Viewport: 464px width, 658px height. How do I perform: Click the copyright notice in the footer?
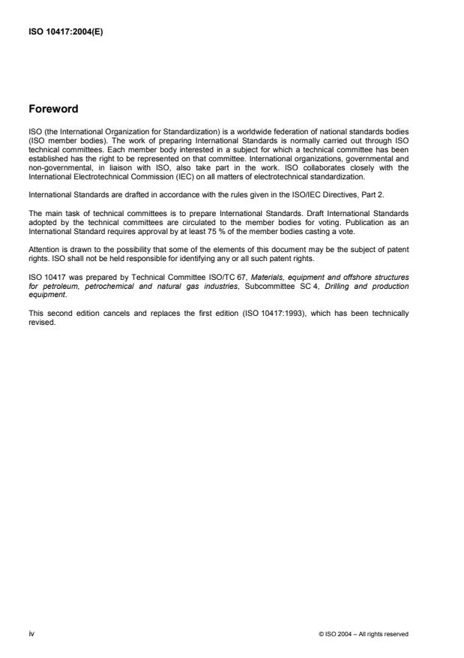[x=363, y=634]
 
